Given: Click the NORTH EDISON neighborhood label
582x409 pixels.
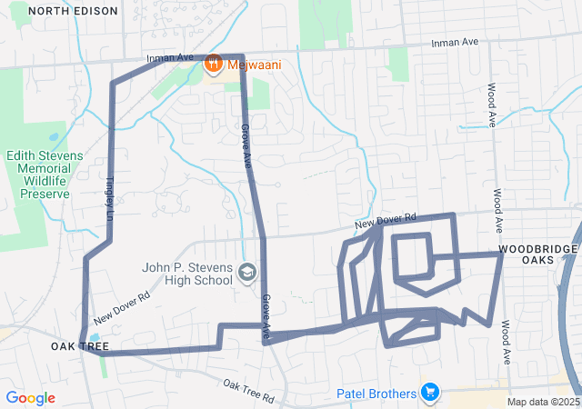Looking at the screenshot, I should point(73,11).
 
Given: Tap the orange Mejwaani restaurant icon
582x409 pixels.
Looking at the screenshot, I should point(214,63).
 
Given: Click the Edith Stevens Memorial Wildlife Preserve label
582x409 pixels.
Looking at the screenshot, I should point(45,175).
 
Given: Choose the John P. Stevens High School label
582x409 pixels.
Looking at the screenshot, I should point(187,274).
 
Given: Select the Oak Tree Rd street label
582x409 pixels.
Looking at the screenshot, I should point(248,392).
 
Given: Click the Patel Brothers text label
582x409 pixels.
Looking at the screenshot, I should point(376,394).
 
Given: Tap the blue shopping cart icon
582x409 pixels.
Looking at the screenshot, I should point(430,393).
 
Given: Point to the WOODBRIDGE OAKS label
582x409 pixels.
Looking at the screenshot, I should point(537,254).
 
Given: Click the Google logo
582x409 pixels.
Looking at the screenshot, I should point(30,398).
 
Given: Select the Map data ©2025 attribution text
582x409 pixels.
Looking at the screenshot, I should point(543,402).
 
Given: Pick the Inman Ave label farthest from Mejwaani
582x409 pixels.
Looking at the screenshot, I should point(456,43).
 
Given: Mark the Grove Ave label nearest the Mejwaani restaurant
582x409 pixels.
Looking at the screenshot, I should point(246,145).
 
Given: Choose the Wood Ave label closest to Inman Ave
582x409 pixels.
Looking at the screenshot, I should point(491,105).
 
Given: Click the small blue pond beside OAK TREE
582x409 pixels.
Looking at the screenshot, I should point(95,338).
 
